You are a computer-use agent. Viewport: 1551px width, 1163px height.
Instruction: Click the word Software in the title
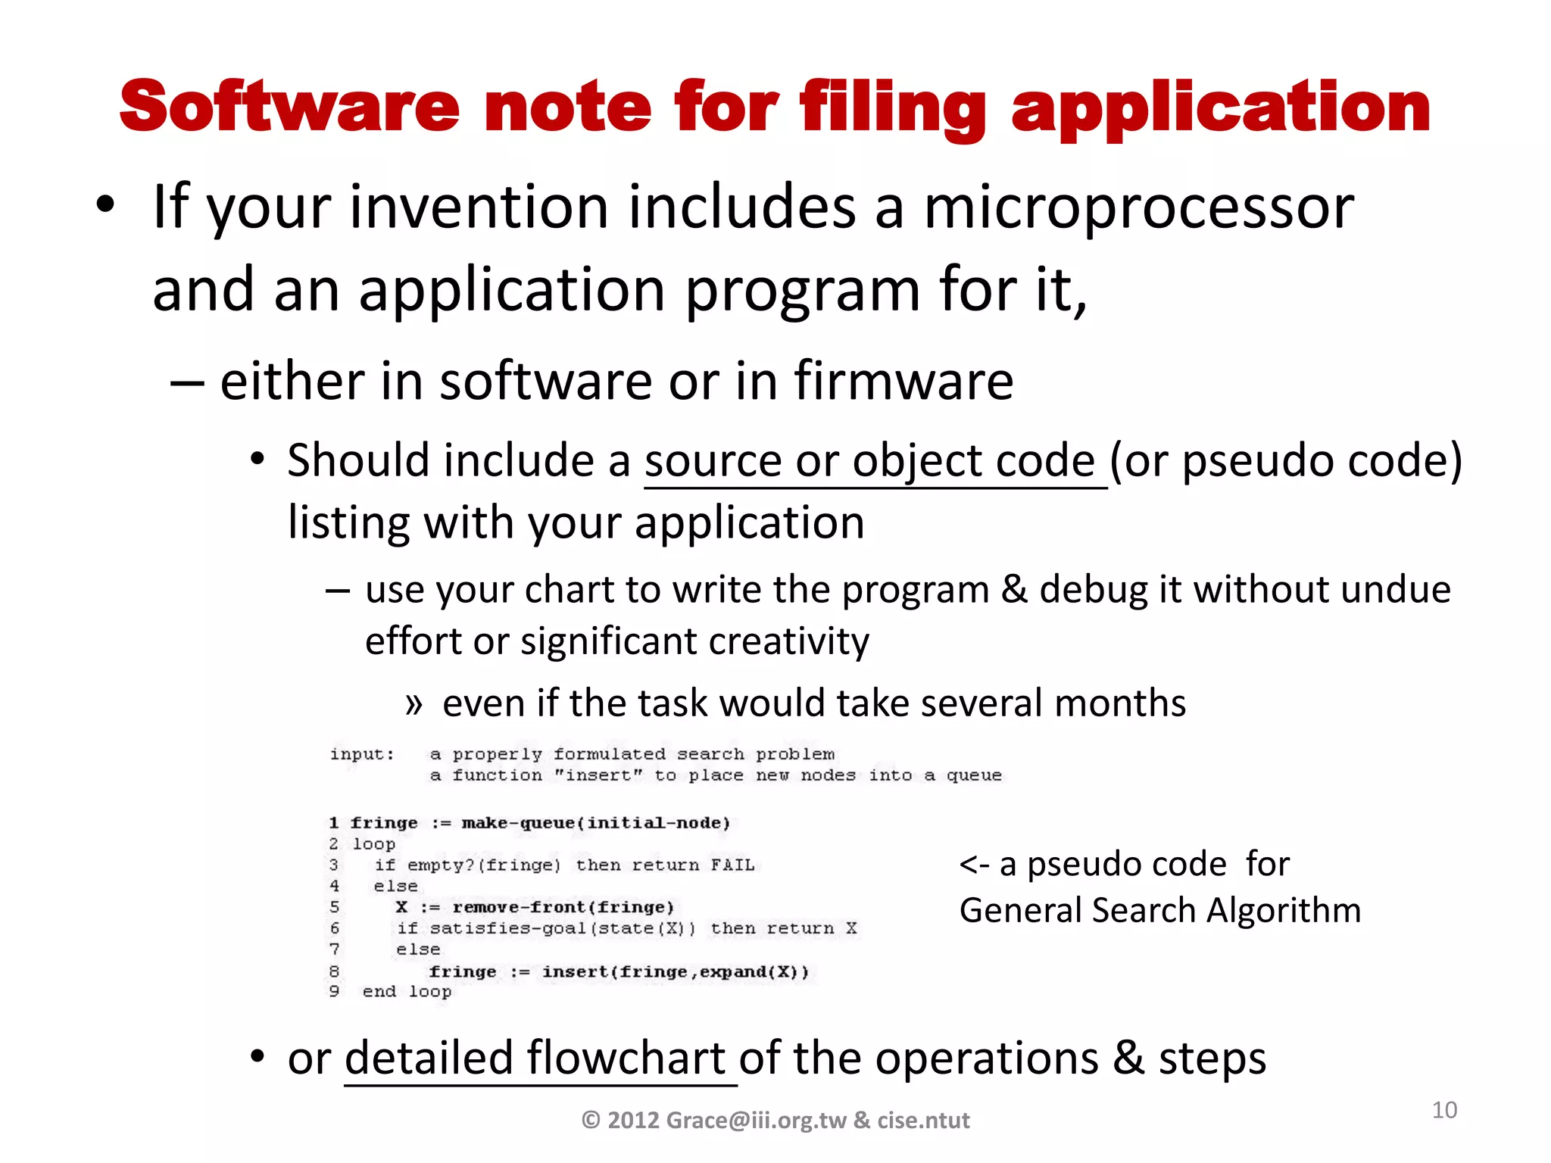pos(289,107)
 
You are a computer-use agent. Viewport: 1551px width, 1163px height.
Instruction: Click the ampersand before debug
pos(1014,589)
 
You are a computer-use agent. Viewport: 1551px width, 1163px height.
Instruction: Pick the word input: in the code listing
pos(362,754)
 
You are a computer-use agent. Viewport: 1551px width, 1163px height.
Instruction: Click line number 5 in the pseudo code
pos(335,907)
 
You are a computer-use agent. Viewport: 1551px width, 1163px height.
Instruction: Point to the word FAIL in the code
pos(732,865)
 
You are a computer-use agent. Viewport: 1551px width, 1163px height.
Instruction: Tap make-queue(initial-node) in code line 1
pos(595,823)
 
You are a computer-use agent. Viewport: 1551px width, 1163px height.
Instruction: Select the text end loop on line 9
pos(407,992)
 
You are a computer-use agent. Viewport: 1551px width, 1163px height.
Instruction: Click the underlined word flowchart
pos(626,1058)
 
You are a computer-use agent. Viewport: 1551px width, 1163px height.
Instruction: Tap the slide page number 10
pos(1444,1110)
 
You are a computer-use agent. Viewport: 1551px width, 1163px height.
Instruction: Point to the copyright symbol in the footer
pos(591,1120)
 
